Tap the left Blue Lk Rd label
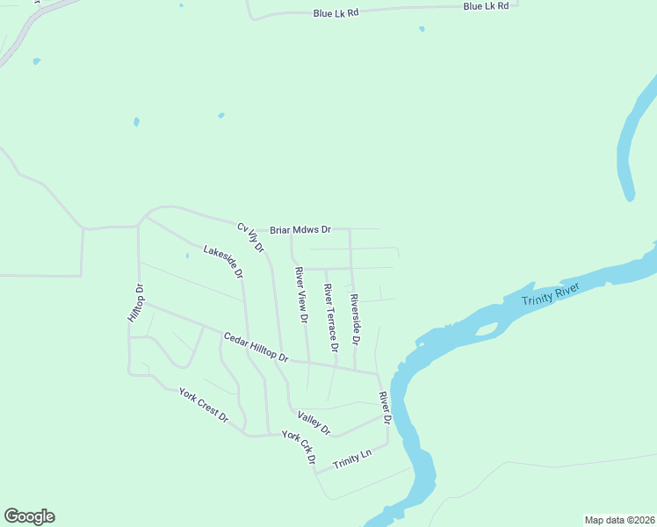(336, 13)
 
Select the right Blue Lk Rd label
(487, 6)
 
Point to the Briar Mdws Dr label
(300, 230)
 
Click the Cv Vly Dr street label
(250, 237)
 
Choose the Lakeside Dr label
(223, 262)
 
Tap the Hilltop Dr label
(135, 302)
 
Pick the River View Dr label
(302, 295)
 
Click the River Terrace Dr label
(330, 318)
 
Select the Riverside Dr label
(356, 319)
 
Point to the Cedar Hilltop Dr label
(256, 348)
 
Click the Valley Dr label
(314, 423)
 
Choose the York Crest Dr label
(203, 404)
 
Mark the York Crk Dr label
(299, 448)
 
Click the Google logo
(29, 516)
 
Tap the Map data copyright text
(619, 519)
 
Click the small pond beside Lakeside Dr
(187, 256)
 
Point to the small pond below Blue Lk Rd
(422, 29)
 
